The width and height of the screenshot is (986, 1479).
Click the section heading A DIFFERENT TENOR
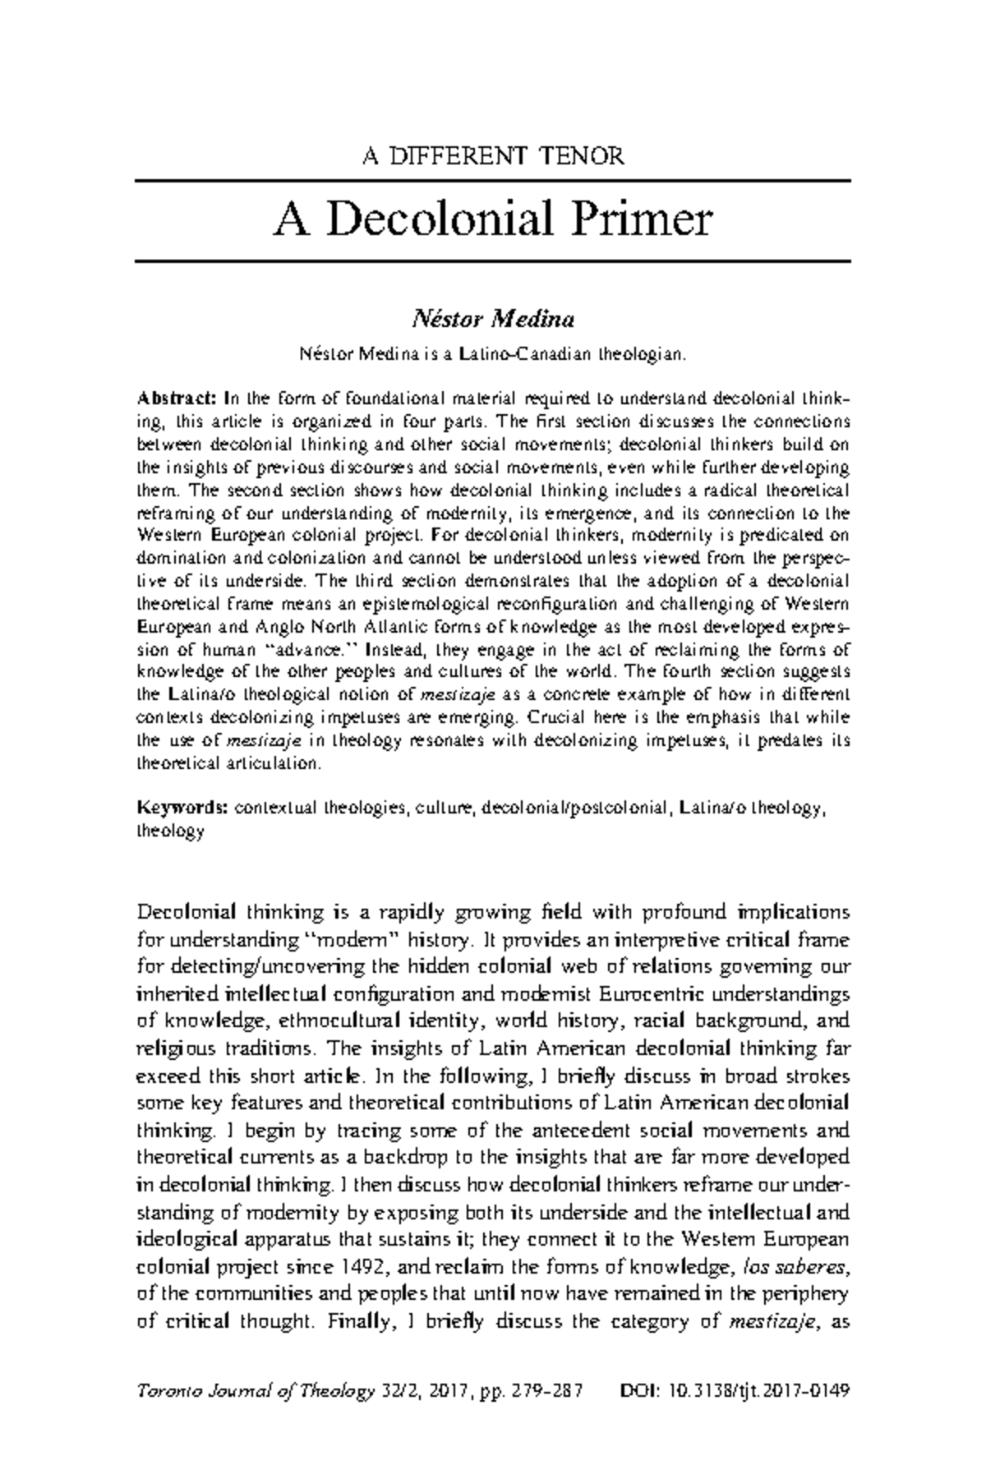click(x=493, y=155)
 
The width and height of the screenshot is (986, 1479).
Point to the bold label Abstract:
click(x=177, y=399)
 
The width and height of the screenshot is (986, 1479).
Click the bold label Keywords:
click(x=182, y=809)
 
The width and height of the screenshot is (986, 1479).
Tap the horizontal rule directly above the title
click(x=493, y=181)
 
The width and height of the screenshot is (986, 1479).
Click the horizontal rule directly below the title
click(x=493, y=261)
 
